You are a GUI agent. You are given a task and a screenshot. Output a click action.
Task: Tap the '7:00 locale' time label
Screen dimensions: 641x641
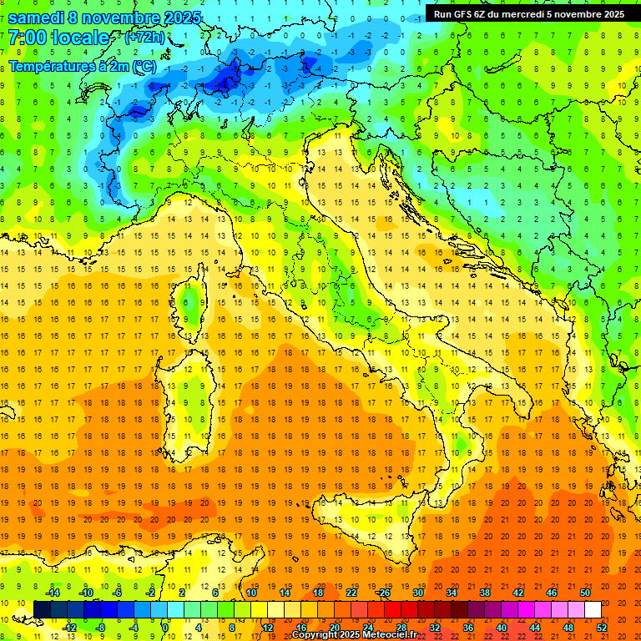(x=58, y=38)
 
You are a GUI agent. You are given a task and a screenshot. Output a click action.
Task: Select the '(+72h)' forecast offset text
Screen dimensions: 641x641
(x=144, y=38)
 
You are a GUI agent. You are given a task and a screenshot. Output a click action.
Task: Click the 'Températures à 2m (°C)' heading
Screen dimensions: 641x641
(x=82, y=65)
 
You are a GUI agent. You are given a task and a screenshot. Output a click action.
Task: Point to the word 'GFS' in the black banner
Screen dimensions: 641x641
(x=466, y=14)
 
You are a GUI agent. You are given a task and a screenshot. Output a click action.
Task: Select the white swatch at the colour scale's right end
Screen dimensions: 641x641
(x=593, y=609)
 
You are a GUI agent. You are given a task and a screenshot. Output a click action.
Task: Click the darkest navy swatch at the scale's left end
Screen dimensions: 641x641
(x=42, y=609)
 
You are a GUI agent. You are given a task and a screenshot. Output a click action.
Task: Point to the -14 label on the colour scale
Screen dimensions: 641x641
(x=52, y=593)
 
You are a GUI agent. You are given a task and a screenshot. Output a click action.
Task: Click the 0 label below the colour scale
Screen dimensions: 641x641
(x=165, y=627)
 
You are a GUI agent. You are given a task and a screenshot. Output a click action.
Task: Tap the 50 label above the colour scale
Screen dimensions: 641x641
(x=584, y=593)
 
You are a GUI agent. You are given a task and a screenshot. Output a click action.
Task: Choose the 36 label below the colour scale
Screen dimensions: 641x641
(x=467, y=627)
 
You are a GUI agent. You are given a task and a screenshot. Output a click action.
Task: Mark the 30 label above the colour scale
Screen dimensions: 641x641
(x=417, y=593)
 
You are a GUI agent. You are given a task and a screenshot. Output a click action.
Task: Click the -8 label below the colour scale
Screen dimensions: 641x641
(x=100, y=627)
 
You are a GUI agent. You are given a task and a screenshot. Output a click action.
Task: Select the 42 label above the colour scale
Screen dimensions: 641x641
(x=517, y=593)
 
